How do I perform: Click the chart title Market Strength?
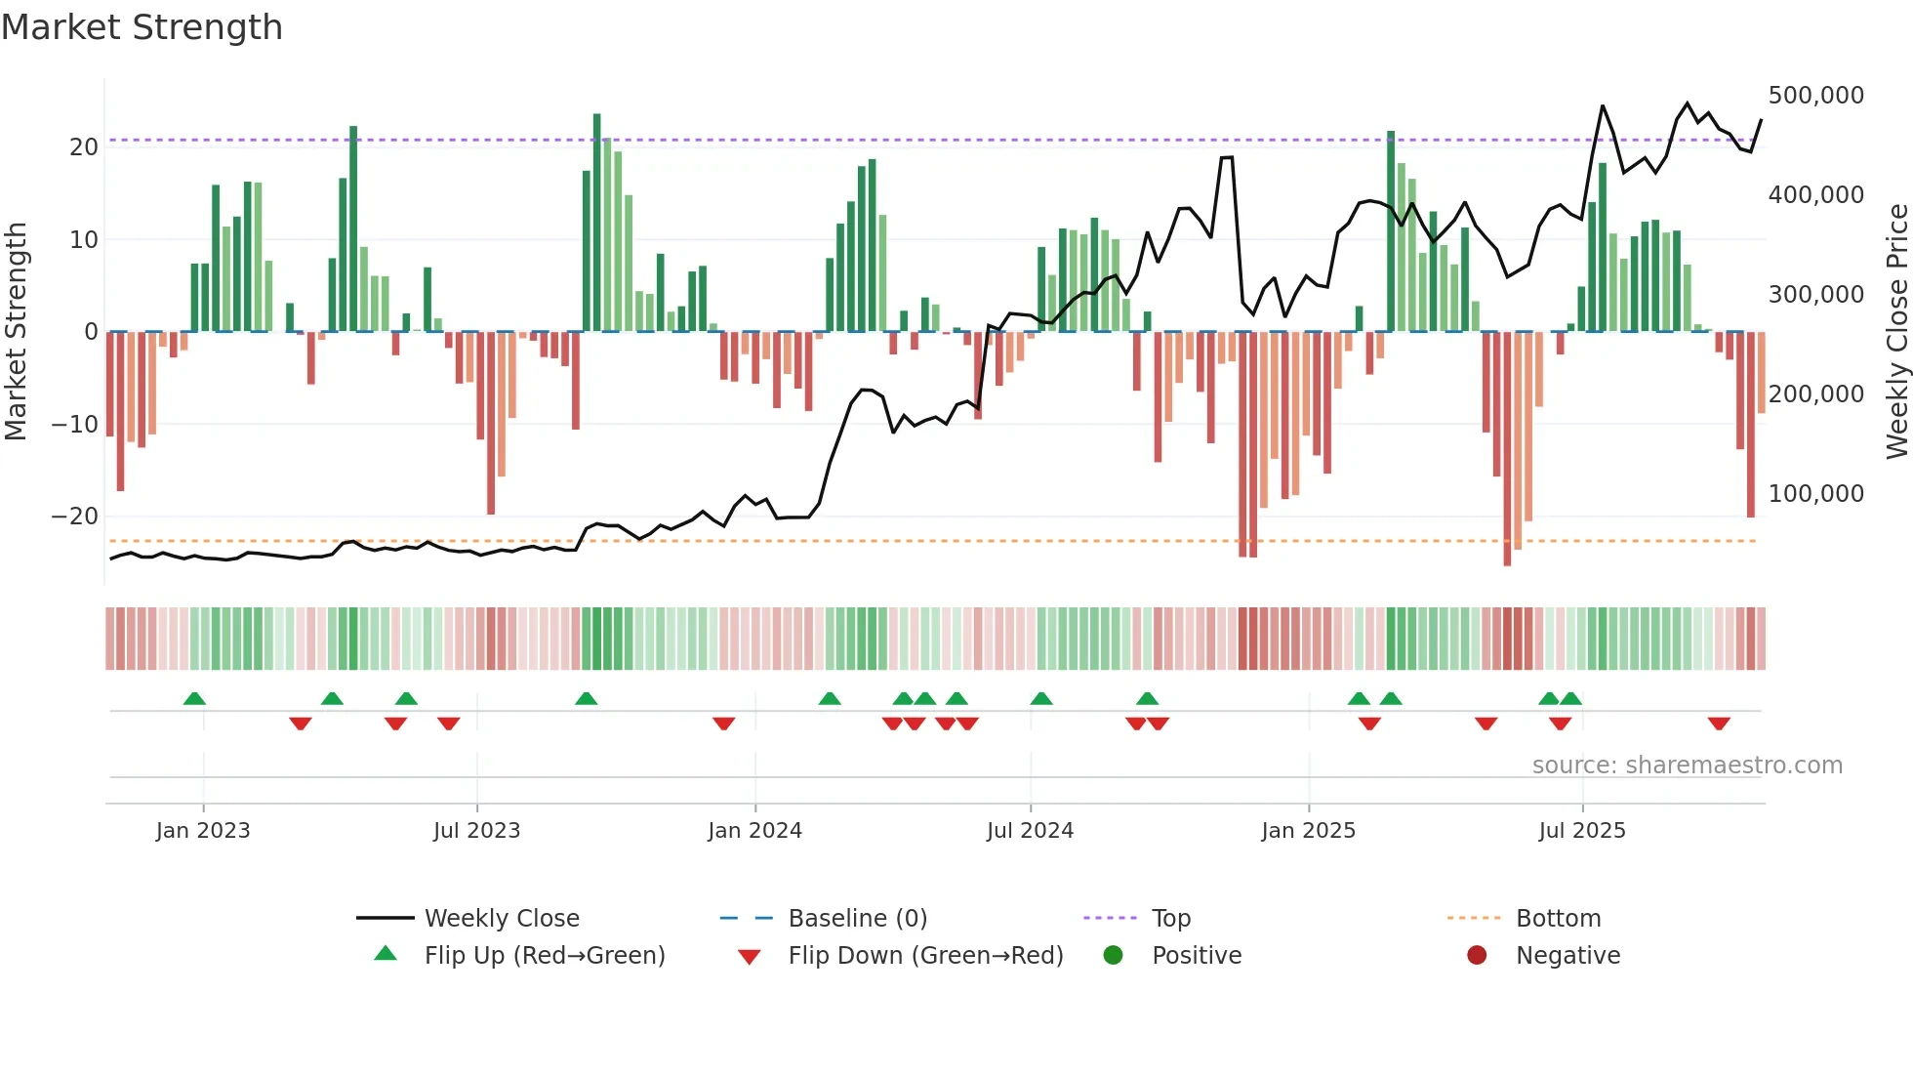point(142,27)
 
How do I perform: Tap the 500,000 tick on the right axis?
point(1815,96)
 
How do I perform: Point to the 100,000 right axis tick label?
point(1815,494)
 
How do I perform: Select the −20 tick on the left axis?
point(75,517)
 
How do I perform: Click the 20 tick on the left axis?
point(84,147)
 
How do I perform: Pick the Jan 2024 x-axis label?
point(754,831)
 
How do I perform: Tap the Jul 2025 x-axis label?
point(1582,831)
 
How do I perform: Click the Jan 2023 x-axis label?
point(203,831)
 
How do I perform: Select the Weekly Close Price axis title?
point(1896,332)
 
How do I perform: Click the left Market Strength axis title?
point(17,332)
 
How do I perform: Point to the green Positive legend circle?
point(1113,955)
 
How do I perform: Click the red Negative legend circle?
point(1477,955)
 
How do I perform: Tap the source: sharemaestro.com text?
point(1687,766)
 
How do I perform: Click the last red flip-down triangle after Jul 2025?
point(1719,724)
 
